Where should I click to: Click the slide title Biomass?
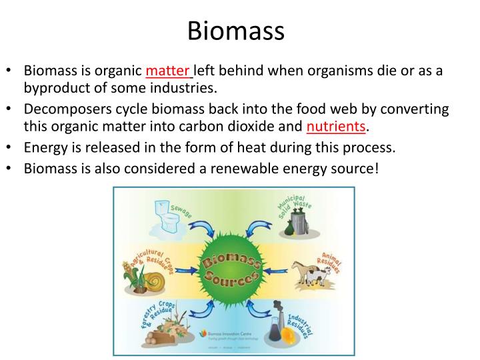tap(236, 30)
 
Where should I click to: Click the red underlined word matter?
tap(168, 71)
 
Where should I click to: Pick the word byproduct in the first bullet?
tap(57, 87)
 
